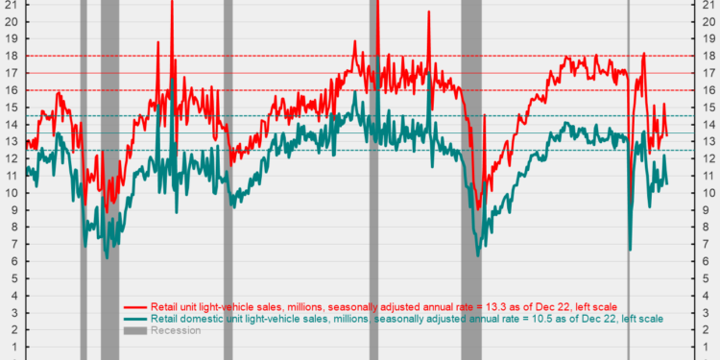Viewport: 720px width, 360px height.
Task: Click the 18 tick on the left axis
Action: tap(12, 56)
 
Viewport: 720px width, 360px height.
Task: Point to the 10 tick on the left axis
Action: tap(12, 193)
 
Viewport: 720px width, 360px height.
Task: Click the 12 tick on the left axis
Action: tap(12, 158)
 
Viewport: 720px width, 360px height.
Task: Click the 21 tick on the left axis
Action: tap(12, 5)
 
